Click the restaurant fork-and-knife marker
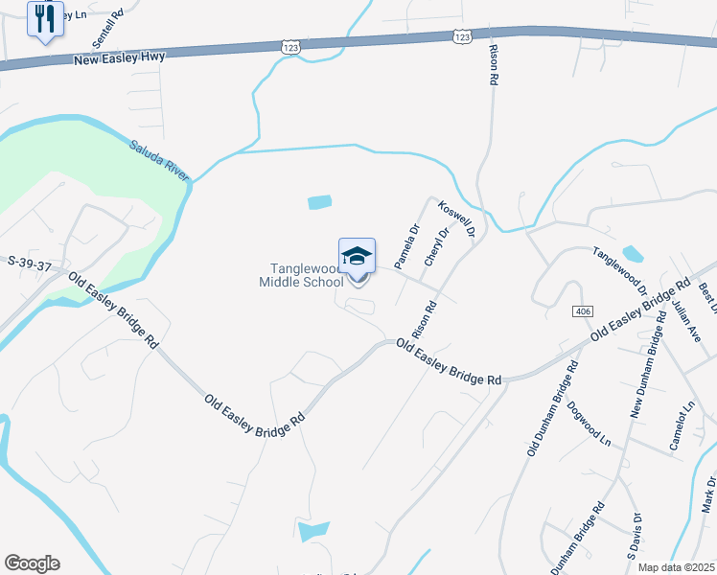coord(44,19)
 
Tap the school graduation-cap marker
coord(357,258)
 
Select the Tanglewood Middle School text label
coord(301,275)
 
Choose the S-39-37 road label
coord(29,263)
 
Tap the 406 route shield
coord(583,312)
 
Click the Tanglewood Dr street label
coord(620,271)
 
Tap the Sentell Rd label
coord(108,29)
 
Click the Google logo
coord(32,563)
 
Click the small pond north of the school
coord(319,202)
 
